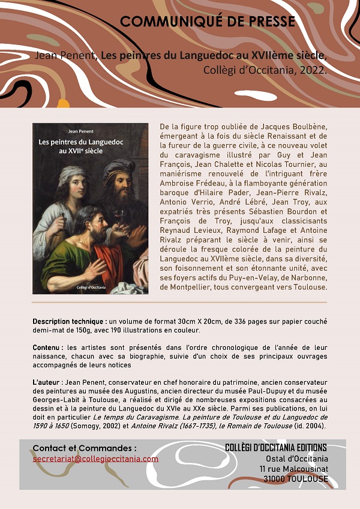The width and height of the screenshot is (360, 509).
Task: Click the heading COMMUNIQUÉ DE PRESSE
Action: tap(208, 22)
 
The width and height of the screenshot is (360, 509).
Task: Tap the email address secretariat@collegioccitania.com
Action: tap(95, 459)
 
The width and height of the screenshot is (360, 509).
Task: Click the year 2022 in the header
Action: tap(313, 69)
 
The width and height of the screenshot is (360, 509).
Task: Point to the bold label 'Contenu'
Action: tap(47, 348)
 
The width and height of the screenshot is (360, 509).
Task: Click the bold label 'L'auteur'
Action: tap(47, 382)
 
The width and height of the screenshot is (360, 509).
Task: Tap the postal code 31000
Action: tap(278, 479)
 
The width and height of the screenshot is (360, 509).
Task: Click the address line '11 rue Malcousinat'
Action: tap(294, 469)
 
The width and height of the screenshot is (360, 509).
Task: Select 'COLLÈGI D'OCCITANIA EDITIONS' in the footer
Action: tap(275, 448)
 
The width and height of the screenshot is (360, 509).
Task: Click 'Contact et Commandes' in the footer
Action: tap(84, 448)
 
